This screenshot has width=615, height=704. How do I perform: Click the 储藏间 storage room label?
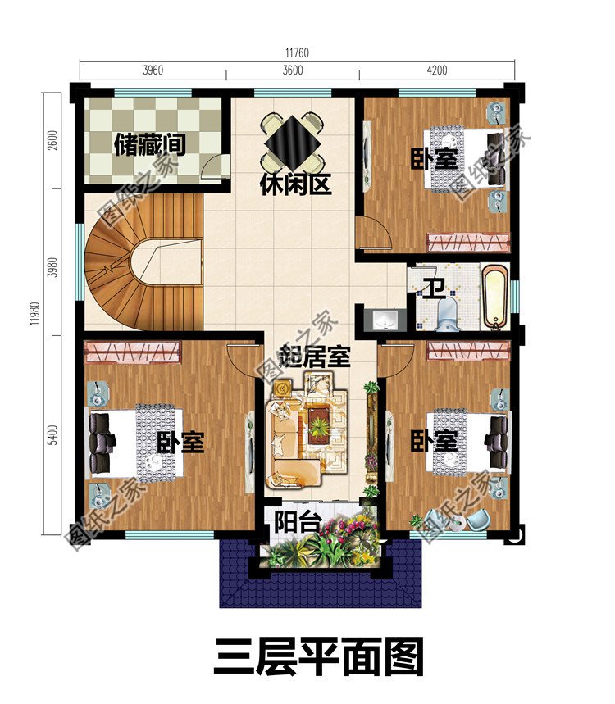click(149, 145)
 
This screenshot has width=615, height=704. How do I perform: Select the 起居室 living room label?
click(315, 357)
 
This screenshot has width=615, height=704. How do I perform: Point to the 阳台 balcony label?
click(297, 521)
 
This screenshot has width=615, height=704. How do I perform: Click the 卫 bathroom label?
click(433, 288)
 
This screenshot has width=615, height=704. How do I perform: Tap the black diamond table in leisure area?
click(293, 140)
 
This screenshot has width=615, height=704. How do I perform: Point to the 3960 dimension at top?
click(153, 70)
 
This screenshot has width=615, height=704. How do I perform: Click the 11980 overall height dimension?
click(35, 311)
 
